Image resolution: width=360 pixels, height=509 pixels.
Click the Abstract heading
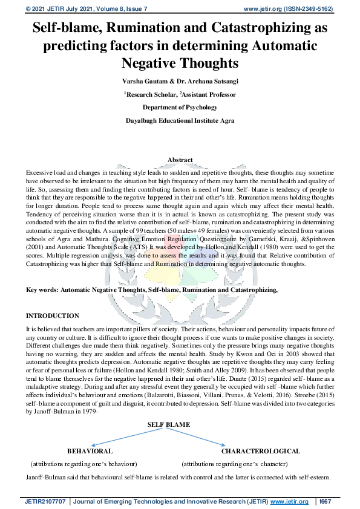(180, 160)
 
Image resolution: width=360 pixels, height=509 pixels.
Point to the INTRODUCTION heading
(53, 316)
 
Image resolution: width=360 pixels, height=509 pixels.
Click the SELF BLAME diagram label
(169, 424)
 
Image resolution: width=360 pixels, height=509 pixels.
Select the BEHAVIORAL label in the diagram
(90, 451)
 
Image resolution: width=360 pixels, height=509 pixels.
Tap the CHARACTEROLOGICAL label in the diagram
(260, 451)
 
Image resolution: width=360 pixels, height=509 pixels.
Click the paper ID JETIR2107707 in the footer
(46, 502)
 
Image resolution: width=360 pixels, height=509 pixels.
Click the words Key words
(42, 290)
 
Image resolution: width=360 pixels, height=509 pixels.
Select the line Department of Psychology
(180, 108)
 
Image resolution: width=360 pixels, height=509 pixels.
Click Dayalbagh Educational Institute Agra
(180, 121)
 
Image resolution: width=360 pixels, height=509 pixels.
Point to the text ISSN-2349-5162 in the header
(308, 9)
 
